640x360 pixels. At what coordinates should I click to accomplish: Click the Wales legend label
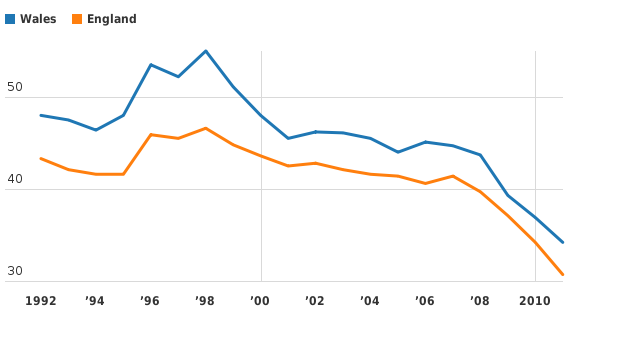pos(38,19)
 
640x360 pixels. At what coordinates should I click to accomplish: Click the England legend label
pos(111,19)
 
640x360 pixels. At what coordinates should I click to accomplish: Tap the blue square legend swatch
pos(10,19)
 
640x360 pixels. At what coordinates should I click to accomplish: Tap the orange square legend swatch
pos(77,19)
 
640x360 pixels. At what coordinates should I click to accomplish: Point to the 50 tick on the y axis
pos(14,88)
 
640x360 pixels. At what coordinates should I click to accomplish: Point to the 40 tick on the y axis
pos(14,180)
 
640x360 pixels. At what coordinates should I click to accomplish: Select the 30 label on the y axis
pos(14,272)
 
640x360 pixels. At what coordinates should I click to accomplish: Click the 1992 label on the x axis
pos(40,300)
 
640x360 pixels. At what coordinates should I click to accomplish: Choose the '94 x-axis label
pos(95,300)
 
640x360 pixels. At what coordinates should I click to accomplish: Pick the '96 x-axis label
pos(150,300)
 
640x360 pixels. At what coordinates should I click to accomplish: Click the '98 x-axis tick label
pos(205,300)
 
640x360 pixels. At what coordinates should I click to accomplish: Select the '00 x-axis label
pos(260,300)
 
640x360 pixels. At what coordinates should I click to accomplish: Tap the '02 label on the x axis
pos(315,300)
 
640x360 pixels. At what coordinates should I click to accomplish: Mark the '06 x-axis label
pos(425,300)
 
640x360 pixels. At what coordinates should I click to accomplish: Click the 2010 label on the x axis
pos(535,300)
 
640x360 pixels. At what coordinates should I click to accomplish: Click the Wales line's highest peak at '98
pos(205,51)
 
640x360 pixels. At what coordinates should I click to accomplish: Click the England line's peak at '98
pos(205,128)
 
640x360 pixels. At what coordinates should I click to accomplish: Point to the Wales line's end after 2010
pos(563,242)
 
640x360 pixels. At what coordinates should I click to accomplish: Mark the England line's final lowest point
pos(563,274)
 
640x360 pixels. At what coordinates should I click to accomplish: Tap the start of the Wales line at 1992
pos(41,115)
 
